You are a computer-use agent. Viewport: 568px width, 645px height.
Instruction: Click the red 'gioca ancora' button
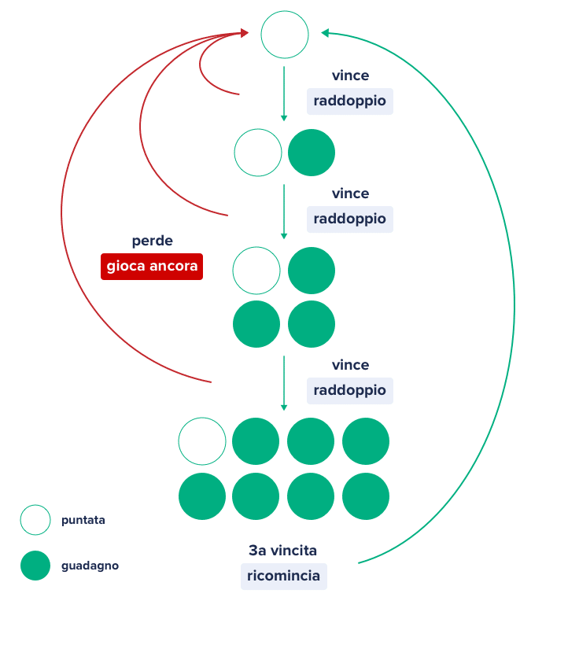coord(152,266)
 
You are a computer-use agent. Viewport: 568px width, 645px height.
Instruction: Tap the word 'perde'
coord(152,241)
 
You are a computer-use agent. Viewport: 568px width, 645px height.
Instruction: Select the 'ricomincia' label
coord(283,576)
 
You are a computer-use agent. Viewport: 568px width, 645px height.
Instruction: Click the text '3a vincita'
coord(283,551)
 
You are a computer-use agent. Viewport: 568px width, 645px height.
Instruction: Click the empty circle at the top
coord(285,35)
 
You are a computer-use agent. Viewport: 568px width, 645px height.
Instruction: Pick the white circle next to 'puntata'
coord(35,520)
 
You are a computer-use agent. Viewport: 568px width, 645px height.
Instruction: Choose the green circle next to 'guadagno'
coord(35,566)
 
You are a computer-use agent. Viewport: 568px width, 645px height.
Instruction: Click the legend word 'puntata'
coord(83,520)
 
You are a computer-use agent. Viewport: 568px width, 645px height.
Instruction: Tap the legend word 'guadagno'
coord(90,566)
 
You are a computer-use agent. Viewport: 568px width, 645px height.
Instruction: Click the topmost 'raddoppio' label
coord(349,101)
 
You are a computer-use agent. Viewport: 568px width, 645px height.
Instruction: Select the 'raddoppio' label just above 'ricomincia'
coord(349,390)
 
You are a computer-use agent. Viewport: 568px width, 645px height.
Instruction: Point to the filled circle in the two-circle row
coord(312,153)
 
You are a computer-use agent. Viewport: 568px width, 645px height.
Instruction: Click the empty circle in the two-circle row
coord(258,153)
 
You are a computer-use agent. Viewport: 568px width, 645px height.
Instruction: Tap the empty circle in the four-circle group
coord(256,271)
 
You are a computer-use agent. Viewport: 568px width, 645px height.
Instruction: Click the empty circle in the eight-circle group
coord(202,441)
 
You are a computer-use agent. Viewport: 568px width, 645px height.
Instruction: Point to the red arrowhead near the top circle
coord(244,33)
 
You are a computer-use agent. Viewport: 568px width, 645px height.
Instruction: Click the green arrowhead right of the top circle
coord(325,33)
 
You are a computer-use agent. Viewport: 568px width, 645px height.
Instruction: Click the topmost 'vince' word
coord(350,76)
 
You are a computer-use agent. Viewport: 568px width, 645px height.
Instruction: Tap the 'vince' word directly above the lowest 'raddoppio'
coord(350,365)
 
